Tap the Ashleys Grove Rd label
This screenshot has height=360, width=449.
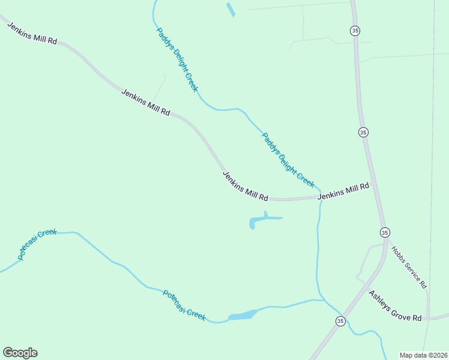[x=395, y=306]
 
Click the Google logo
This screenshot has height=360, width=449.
[x=20, y=353]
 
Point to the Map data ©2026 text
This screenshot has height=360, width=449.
[x=423, y=355]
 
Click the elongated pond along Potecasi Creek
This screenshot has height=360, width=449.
[x=243, y=315]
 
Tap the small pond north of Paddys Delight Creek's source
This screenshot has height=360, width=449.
[x=230, y=10]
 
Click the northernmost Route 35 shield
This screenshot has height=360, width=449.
[x=355, y=30]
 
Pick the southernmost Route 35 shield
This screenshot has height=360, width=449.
[x=340, y=321]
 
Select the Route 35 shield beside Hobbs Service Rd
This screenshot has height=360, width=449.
[x=385, y=232]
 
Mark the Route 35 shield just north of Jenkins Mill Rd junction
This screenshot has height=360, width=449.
[x=363, y=132]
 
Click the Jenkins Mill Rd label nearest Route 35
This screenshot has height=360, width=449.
[x=343, y=191]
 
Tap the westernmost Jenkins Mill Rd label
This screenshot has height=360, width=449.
[x=32, y=34]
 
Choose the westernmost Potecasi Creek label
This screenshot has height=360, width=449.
[x=37, y=244]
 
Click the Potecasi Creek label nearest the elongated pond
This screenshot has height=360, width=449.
[x=184, y=305]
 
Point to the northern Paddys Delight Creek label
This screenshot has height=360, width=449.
[x=177, y=59]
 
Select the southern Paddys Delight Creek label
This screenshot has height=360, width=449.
[x=288, y=159]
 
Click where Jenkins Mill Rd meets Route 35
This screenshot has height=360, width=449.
[x=373, y=184]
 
